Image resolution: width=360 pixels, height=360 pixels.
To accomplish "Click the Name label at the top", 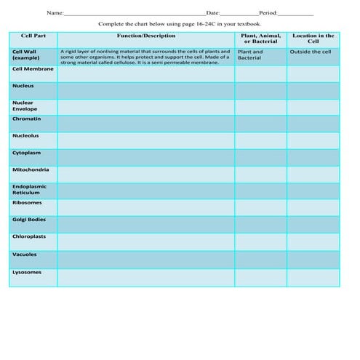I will click(x=55, y=13).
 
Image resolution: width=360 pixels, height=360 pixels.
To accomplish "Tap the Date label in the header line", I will click(x=213, y=13).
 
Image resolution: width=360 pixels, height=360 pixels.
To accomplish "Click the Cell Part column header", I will click(x=33, y=36).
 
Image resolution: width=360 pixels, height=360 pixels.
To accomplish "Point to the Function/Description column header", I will click(x=145, y=36).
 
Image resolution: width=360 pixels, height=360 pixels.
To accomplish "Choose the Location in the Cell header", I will click(x=313, y=39).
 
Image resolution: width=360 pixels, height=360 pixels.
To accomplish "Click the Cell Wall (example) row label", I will click(x=26, y=55).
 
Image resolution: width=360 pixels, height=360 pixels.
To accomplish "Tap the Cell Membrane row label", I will click(x=32, y=69).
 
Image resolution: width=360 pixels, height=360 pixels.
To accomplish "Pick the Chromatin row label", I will click(x=26, y=119).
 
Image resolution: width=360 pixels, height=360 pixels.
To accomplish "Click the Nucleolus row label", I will click(x=26, y=136).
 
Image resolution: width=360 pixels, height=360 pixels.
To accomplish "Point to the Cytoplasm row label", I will click(x=27, y=153).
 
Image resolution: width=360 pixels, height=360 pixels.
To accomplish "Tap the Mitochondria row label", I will click(x=31, y=169).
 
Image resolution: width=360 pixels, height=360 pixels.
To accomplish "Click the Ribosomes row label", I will click(x=27, y=203).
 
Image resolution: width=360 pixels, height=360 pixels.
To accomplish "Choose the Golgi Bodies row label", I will click(x=29, y=220).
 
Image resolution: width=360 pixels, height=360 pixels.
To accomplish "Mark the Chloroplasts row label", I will click(x=28, y=236).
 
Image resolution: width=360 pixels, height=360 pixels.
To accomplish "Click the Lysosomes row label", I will click(x=27, y=272).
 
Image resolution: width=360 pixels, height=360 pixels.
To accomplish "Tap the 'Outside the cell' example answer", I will click(x=310, y=52).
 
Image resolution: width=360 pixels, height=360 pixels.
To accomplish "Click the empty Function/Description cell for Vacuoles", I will click(x=145, y=260).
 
